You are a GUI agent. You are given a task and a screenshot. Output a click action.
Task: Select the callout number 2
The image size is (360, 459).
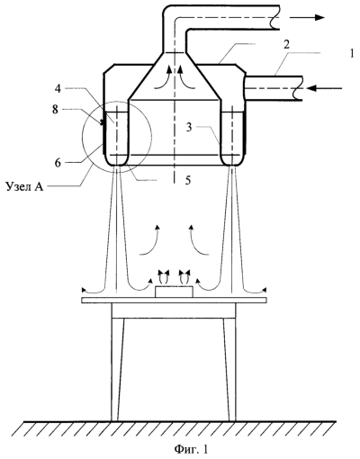coord(287,45)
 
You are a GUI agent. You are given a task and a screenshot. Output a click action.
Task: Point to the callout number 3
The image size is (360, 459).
coord(189,127)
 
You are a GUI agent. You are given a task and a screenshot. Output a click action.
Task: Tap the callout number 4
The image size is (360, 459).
coord(58,89)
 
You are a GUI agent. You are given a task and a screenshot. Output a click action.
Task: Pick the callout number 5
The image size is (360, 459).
coord(188,180)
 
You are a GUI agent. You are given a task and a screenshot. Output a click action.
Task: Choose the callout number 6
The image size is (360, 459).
coord(58,162)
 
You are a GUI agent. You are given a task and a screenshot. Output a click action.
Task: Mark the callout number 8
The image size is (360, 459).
coord(55,110)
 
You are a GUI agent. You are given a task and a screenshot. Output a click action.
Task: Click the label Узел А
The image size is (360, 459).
coord(24,186)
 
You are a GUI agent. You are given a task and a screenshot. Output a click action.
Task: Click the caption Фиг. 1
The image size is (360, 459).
coord(191,449)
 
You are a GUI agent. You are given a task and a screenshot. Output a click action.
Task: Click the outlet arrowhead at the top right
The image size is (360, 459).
coord(319,17)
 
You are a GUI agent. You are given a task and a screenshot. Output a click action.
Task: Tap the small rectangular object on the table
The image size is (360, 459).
coord(174,292)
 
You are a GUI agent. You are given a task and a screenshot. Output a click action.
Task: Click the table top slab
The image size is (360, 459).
coord(174,300)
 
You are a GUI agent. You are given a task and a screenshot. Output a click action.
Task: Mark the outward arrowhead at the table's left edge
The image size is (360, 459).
coord(84,290)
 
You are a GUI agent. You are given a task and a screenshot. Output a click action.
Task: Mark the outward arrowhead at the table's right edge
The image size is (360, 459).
coord(265,289)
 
